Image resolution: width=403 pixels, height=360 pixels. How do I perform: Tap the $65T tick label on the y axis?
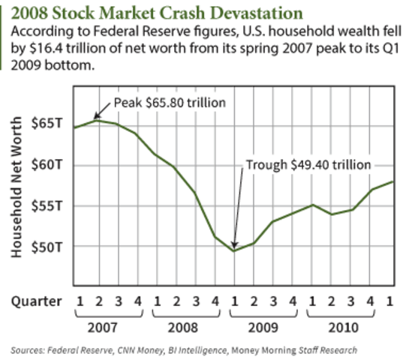[x=46, y=122]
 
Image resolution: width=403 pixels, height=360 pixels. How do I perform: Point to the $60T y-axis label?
[x=46, y=163]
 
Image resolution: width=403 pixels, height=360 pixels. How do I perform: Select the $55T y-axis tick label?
[x=46, y=205]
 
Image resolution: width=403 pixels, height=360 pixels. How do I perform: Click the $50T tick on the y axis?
[x=46, y=246]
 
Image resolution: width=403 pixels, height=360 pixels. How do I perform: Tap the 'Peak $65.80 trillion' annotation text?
[x=170, y=100]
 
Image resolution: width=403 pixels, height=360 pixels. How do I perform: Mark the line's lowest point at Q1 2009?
[x=234, y=250]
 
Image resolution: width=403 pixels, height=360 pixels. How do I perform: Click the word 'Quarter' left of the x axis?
[x=35, y=301]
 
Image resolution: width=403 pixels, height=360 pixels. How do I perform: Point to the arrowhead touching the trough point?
[x=234, y=246]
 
